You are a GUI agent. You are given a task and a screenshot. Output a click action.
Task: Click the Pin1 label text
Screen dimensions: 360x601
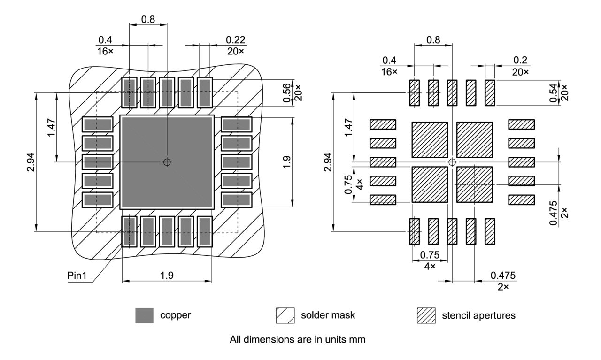[77, 275]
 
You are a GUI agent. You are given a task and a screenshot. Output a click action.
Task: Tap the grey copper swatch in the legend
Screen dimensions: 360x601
[144, 315]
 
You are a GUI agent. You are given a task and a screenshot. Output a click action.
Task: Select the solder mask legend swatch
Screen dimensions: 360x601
[285, 315]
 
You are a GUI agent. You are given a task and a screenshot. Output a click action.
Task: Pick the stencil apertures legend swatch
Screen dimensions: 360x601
[426, 315]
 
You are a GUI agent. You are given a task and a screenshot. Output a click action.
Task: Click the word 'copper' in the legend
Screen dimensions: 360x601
[176, 315]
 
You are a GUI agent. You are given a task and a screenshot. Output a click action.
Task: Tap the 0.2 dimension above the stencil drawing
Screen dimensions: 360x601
[520, 60]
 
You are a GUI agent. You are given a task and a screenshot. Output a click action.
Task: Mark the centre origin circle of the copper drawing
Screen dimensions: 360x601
[167, 162]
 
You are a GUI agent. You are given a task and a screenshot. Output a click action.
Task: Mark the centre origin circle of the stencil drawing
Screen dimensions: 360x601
[452, 162]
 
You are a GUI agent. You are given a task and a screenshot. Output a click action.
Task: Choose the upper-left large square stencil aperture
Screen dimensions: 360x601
[429, 139]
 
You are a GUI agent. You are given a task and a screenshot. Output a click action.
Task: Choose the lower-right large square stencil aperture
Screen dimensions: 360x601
[474, 184]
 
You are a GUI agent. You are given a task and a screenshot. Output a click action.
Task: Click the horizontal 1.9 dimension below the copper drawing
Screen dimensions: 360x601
[167, 276]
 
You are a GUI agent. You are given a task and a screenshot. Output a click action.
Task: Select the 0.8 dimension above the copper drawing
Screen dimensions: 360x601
[148, 20]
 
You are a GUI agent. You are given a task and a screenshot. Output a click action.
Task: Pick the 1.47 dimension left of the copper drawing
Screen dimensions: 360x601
[52, 127]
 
